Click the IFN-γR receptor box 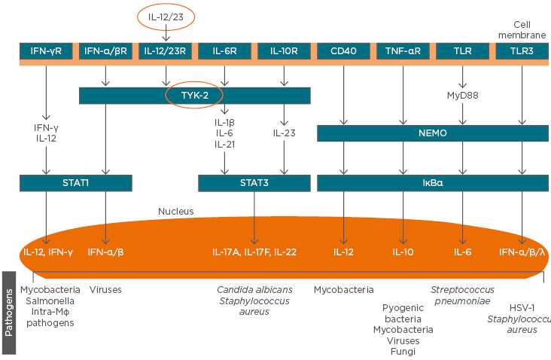coord(46,51)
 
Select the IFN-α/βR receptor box coord(106,51)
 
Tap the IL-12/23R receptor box coord(166,51)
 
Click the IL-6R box coord(224,51)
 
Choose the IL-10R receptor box coord(283,51)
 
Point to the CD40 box coord(344,51)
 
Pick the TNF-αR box coord(403,51)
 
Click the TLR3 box coord(522,51)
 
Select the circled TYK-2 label coord(194,96)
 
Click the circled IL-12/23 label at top coord(166,14)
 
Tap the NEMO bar coord(433,133)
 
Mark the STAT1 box coord(76,183)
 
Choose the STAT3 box coord(254,183)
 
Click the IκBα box coord(433,183)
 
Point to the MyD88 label coord(462,95)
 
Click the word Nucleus coord(176,212)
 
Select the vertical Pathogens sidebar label coord(11,313)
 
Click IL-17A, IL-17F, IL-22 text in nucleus coord(254,252)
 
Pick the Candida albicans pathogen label coord(254,289)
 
